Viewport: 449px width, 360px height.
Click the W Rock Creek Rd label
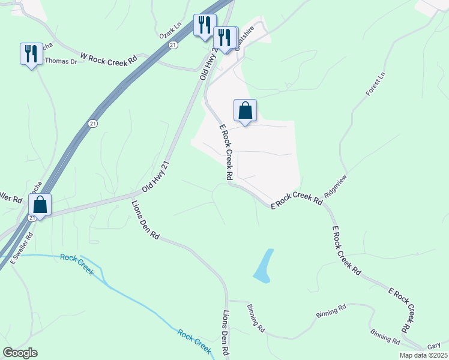pos(109,59)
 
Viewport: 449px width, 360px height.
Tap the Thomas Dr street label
pos(61,61)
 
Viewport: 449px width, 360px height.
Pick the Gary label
pos(434,347)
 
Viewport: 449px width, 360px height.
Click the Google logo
pos(20,353)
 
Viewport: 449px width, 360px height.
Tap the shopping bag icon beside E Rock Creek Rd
pos(245,111)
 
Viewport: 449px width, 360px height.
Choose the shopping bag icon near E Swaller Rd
pos(40,205)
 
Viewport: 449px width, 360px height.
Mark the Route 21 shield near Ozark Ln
pos(173,45)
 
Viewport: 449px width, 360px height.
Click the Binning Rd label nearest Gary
pos(385,337)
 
